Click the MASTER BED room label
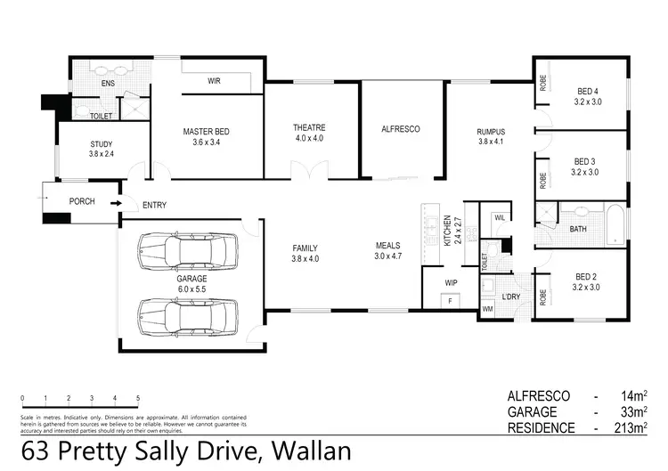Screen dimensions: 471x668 pos(206,132)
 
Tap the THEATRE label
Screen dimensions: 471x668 pos(309,127)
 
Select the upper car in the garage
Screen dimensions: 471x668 pos(188,251)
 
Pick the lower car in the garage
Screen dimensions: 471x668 pos(188,313)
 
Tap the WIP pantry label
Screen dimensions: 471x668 pos(451,283)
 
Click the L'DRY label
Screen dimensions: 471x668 pos(511,296)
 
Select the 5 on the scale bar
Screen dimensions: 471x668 pos(138,397)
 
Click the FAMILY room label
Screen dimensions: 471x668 pos(305,248)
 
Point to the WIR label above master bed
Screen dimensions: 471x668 pos(215,81)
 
